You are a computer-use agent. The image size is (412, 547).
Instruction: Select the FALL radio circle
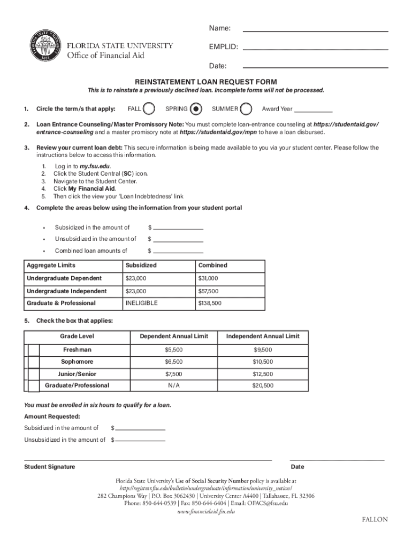[150, 109]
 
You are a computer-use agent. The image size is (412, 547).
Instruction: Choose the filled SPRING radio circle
[196, 109]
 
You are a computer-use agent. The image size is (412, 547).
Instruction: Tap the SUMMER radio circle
[246, 109]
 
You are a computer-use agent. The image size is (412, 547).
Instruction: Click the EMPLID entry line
[316, 49]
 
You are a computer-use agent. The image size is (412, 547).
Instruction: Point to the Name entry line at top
[316, 30]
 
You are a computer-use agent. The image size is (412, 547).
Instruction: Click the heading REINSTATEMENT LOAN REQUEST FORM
[206, 82]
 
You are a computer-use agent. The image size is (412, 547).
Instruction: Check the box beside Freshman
[34, 350]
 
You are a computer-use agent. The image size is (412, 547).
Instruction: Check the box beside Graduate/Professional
[34, 386]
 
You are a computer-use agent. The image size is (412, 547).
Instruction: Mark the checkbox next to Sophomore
[34, 362]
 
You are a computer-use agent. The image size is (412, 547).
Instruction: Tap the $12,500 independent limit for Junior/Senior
[263, 374]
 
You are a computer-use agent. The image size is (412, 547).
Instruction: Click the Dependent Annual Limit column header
[174, 336]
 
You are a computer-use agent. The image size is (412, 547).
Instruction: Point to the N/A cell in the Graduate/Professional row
[174, 386]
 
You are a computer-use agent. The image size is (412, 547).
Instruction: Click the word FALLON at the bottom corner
[375, 520]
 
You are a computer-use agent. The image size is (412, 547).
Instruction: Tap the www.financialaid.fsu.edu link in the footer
[206, 511]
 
